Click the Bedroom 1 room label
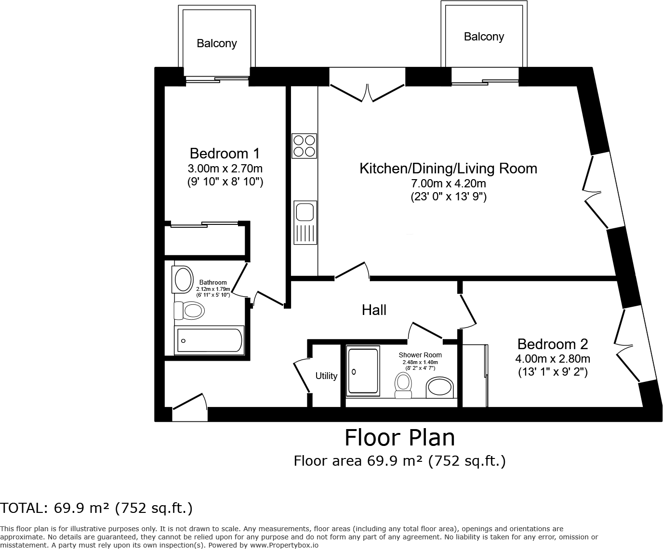click(x=225, y=154)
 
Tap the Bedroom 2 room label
click(x=553, y=344)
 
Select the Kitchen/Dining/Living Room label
click(x=448, y=169)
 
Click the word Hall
click(x=374, y=310)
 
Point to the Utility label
click(x=326, y=376)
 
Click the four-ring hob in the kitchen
click(x=304, y=146)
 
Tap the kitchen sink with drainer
click(x=305, y=222)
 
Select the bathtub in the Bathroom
click(x=209, y=340)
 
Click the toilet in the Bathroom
click(x=188, y=310)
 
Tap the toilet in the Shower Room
click(x=403, y=385)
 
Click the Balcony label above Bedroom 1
click(x=216, y=43)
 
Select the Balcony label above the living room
click(x=484, y=37)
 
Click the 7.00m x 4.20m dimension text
click(x=448, y=183)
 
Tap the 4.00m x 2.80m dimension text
click(x=553, y=359)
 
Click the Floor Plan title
click(x=399, y=438)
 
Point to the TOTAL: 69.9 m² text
click(x=96, y=508)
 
